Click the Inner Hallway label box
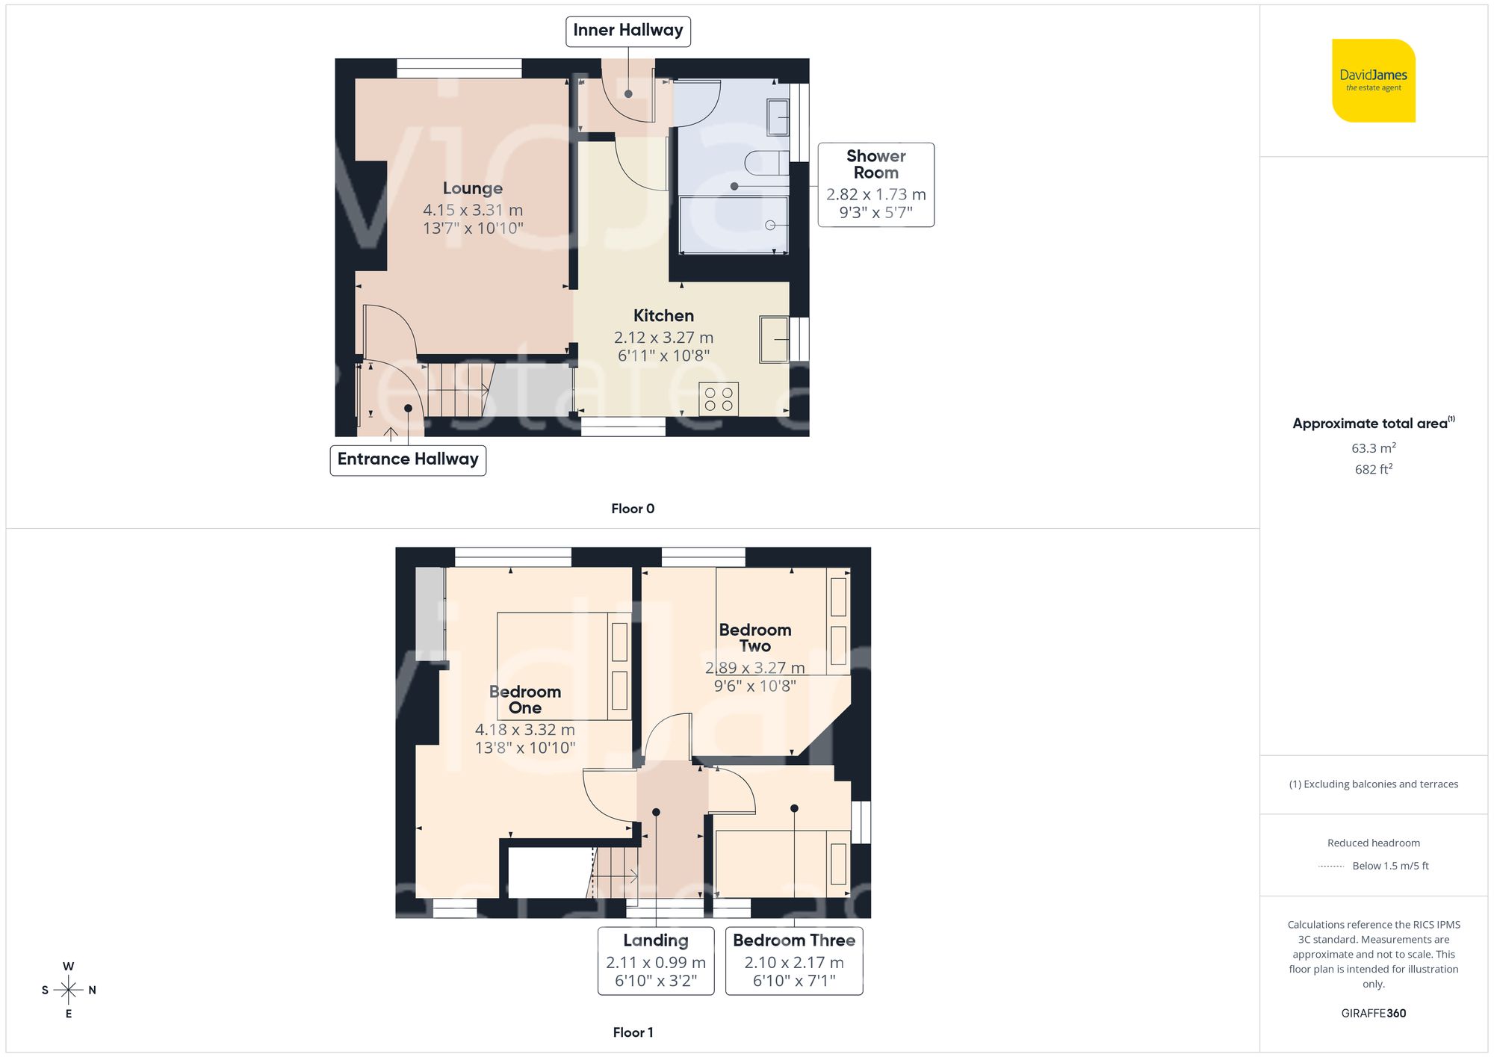[x=627, y=31]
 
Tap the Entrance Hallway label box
[x=408, y=459]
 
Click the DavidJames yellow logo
[x=1373, y=81]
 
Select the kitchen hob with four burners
[x=719, y=399]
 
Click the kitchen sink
[x=774, y=339]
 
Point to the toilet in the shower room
[x=766, y=162]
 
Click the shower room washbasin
[x=778, y=117]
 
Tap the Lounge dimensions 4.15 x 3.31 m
[x=473, y=211]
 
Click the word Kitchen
[x=663, y=316]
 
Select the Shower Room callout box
[x=875, y=185]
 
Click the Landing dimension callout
[x=655, y=961]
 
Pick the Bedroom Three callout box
[x=793, y=961]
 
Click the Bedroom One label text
[x=524, y=699]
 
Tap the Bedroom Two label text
[x=754, y=637]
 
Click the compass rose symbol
[x=68, y=990]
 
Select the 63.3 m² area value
[x=1373, y=448]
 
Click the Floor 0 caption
[x=632, y=509]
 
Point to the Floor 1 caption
[x=632, y=1032]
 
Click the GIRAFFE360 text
[x=1373, y=1013]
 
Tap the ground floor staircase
[x=457, y=389]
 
